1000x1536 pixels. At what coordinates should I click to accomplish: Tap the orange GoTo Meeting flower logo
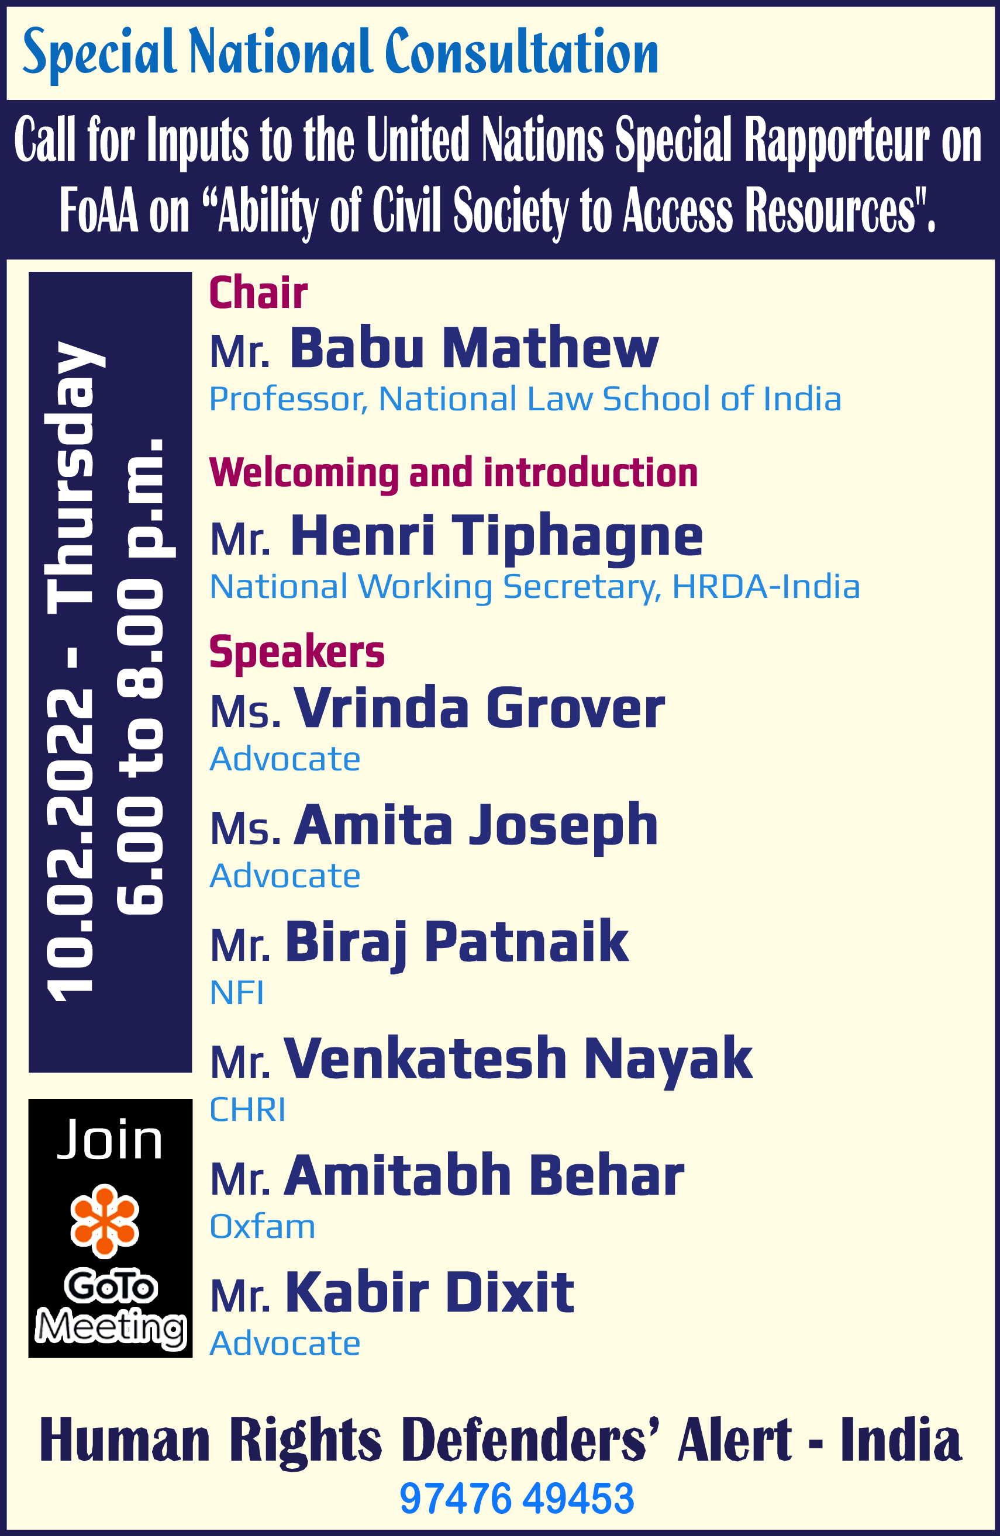click(x=105, y=1221)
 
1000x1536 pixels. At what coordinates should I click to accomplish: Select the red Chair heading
click(x=258, y=293)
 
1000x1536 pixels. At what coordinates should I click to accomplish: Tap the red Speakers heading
click(x=297, y=652)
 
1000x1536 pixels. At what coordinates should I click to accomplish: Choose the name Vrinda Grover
click(x=479, y=708)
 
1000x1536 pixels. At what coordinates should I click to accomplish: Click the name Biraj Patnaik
click(x=456, y=942)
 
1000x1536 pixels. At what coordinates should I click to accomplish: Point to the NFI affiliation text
click(x=237, y=992)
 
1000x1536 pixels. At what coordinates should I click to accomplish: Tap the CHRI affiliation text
click(x=247, y=1109)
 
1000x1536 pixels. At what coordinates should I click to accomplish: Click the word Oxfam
click(x=262, y=1226)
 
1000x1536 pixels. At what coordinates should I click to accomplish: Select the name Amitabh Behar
click(x=484, y=1175)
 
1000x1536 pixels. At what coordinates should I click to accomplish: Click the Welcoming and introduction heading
click(x=453, y=473)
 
